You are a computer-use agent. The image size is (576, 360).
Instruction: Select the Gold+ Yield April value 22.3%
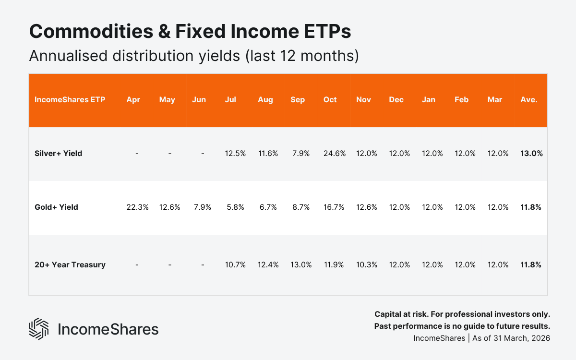(137, 207)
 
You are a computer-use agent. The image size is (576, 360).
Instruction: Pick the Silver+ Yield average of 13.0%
(531, 154)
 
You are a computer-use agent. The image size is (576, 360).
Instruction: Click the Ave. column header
(528, 100)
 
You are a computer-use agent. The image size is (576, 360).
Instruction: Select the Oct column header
(330, 100)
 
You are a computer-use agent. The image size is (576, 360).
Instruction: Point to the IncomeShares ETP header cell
(70, 100)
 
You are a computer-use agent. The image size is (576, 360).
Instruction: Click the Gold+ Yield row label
(56, 207)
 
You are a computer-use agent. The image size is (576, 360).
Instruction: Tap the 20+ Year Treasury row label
(70, 265)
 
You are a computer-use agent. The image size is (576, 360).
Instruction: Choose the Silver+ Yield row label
(58, 154)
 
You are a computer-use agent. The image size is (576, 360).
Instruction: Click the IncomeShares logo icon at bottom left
(39, 329)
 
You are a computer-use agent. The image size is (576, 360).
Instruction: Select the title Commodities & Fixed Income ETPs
(190, 32)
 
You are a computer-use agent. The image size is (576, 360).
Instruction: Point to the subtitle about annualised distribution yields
(194, 56)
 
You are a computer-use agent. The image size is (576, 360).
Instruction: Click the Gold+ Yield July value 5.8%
(235, 207)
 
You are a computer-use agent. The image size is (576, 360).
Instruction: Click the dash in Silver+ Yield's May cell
(170, 154)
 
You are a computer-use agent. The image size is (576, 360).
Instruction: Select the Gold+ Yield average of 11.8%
(531, 207)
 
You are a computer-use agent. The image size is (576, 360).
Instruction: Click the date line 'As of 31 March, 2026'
(511, 338)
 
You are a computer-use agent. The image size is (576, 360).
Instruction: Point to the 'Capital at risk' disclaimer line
(462, 314)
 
